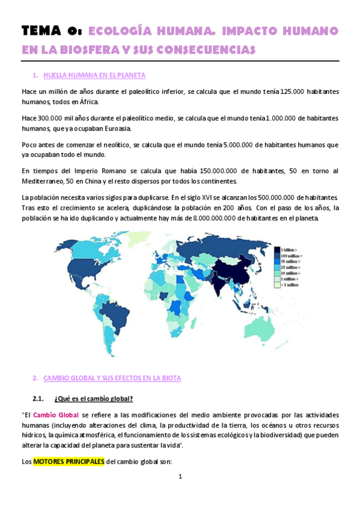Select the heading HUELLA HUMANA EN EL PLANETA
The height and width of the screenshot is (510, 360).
[x=94, y=75]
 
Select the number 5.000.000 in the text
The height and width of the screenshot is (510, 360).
[x=240, y=145]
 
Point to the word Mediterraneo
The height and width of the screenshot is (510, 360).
[x=44, y=182]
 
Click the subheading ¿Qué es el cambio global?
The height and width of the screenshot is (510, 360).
[x=93, y=399]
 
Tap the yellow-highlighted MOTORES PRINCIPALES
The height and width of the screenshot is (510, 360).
[x=67, y=461]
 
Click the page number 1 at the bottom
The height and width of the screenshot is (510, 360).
[x=180, y=477]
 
